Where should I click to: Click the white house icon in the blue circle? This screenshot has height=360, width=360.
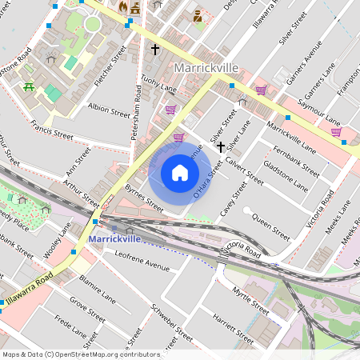[180, 173]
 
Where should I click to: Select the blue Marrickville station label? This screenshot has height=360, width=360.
[115, 238]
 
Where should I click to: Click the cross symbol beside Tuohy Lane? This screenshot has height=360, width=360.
[155, 50]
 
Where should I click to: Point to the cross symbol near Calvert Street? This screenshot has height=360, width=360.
[220, 147]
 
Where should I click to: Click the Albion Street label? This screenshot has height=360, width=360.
[109, 111]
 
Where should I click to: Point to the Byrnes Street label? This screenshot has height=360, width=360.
[144, 198]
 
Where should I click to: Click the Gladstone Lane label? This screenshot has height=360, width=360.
[289, 175]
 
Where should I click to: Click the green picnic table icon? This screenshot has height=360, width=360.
[29, 86]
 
